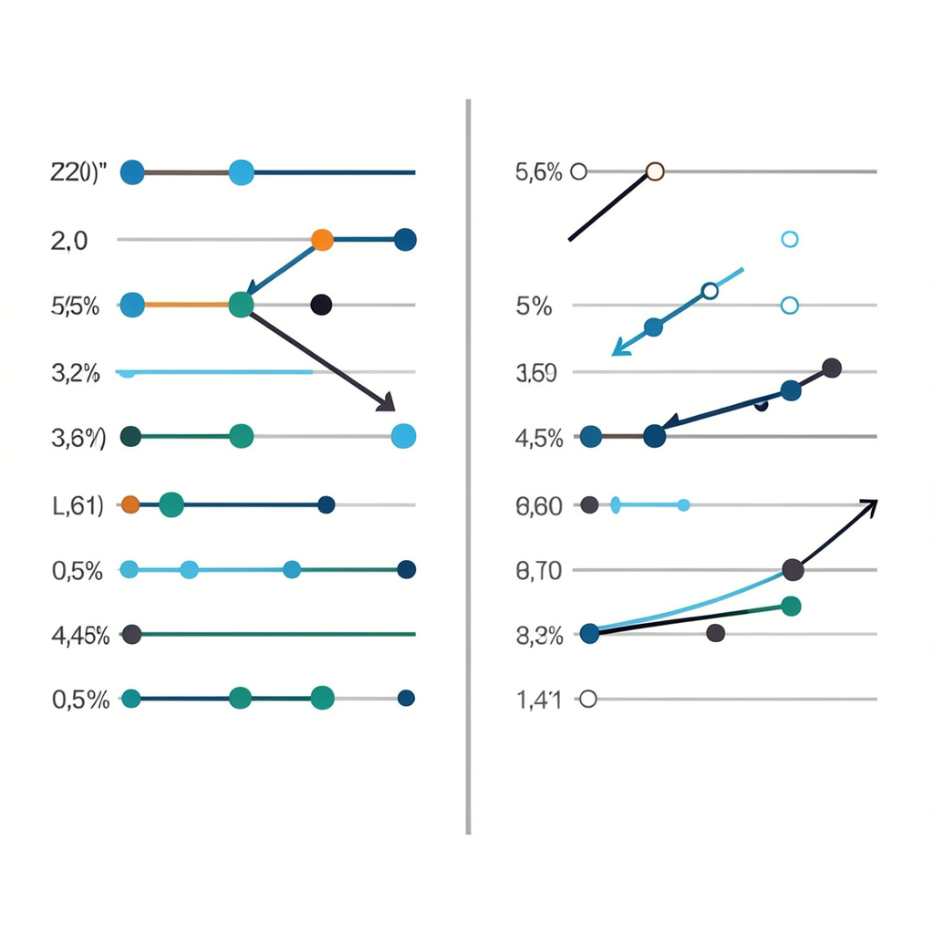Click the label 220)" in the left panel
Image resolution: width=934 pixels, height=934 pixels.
pos(78,171)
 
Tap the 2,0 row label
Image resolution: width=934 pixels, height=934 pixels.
pos(69,240)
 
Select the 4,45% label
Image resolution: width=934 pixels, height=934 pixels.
pos(80,636)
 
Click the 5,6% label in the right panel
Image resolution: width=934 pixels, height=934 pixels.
pos(539,171)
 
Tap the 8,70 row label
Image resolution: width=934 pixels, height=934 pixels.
pos(539,572)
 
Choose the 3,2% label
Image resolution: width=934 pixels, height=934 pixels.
pos(78,372)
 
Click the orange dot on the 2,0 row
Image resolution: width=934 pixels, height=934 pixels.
pos(322,240)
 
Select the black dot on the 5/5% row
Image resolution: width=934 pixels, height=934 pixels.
pos(320,306)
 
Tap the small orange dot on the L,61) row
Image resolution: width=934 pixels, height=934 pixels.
pos(130,503)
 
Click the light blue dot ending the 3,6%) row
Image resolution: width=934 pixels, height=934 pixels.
pos(403,437)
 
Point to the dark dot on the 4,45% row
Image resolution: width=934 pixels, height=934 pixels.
pos(131,634)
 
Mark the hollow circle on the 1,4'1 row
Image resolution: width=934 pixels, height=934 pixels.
pos(587,700)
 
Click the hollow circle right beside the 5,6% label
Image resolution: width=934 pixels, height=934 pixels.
pos(578,171)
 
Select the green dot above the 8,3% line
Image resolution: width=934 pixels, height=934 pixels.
pos(791,606)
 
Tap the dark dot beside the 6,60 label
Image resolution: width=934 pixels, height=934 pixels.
pos(589,504)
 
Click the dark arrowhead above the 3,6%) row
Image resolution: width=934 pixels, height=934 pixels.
pos(387,402)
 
